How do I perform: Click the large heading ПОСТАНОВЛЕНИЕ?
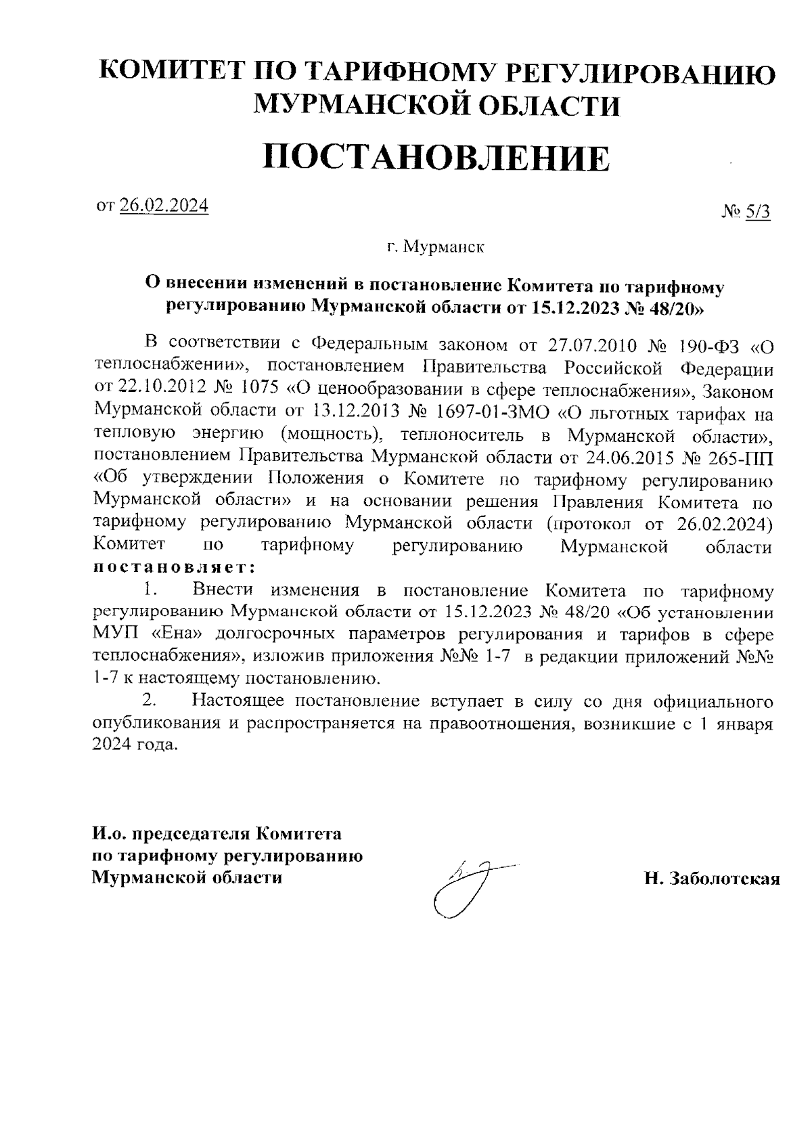(436, 158)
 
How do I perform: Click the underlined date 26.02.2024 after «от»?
(164, 206)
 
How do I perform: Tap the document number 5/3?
(757, 213)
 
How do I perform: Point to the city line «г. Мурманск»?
(436, 248)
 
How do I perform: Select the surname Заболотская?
(723, 879)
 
